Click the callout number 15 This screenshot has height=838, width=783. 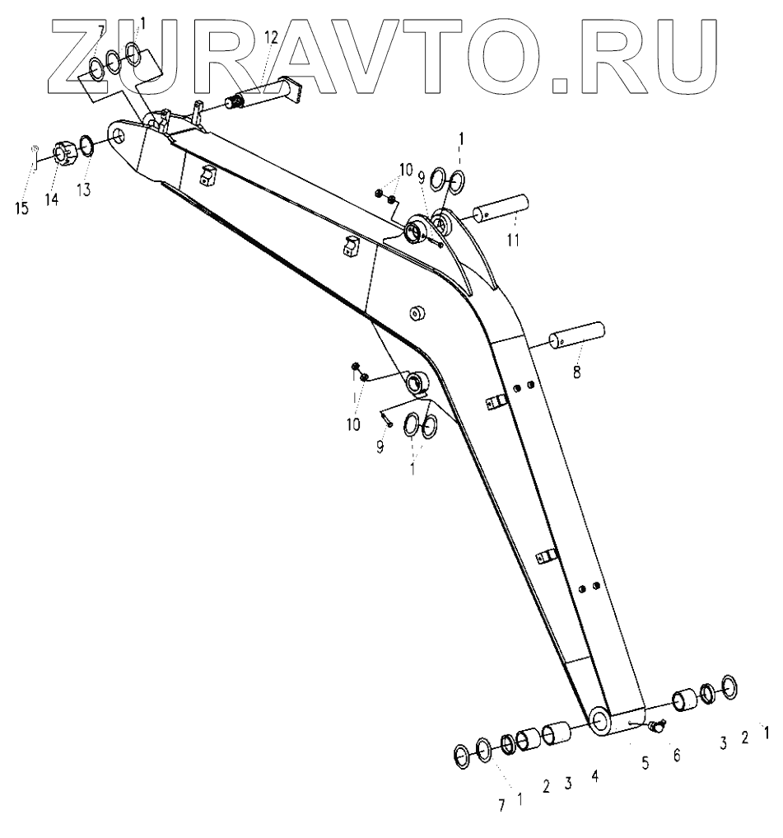click(21, 208)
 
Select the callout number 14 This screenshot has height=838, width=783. click(52, 199)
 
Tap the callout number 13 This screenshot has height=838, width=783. click(83, 189)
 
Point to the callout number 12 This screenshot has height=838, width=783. click(271, 37)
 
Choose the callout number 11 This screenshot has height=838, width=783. click(514, 241)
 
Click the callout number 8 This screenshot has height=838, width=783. click(576, 372)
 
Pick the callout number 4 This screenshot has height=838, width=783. click(594, 777)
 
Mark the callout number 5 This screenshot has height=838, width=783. click(646, 763)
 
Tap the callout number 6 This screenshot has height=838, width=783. click(677, 754)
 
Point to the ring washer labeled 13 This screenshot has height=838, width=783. click(86, 147)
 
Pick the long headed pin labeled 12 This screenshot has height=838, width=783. click(259, 92)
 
